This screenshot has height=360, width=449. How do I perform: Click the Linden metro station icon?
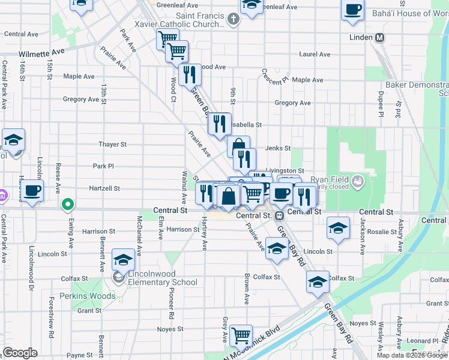click(x=379, y=38)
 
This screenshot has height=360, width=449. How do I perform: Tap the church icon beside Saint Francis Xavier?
click(x=234, y=19)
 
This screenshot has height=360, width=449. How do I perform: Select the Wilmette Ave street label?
click(x=41, y=53)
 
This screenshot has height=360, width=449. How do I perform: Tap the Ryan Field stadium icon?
click(x=358, y=180)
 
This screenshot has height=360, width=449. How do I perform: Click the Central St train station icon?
click(x=279, y=215)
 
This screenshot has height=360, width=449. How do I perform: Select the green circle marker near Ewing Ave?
click(x=68, y=205)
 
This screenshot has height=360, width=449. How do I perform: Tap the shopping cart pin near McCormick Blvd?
click(x=241, y=335)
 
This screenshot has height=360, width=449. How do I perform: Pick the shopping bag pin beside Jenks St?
click(x=238, y=145)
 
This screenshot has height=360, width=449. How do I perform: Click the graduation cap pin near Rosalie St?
click(x=339, y=228)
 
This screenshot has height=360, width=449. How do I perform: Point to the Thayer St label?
click(x=113, y=145)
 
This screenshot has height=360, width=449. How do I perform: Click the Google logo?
click(x=20, y=353)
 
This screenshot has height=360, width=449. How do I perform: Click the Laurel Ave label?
click(x=315, y=54)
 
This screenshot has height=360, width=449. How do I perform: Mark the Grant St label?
click(x=89, y=311)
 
